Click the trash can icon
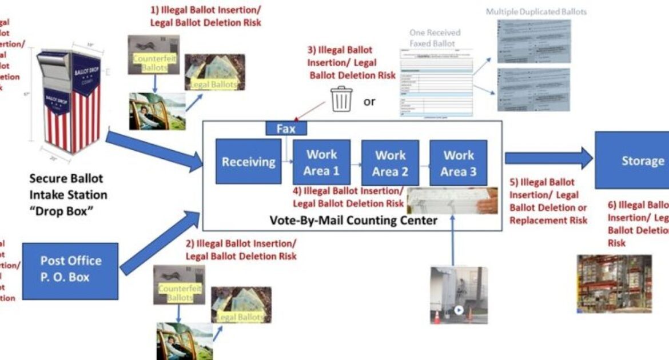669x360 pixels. (342, 99)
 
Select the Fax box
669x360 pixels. (286, 129)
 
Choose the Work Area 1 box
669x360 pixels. (321, 162)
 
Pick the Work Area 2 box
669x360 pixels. (390, 162)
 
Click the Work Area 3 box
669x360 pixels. (459, 162)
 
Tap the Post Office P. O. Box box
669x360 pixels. (70, 271)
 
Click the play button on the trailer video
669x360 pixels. (458, 311)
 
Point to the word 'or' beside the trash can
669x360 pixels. (369, 102)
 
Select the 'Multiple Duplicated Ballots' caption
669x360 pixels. (536, 11)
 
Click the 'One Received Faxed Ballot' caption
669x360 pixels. (435, 38)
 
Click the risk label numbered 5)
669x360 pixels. (547, 201)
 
